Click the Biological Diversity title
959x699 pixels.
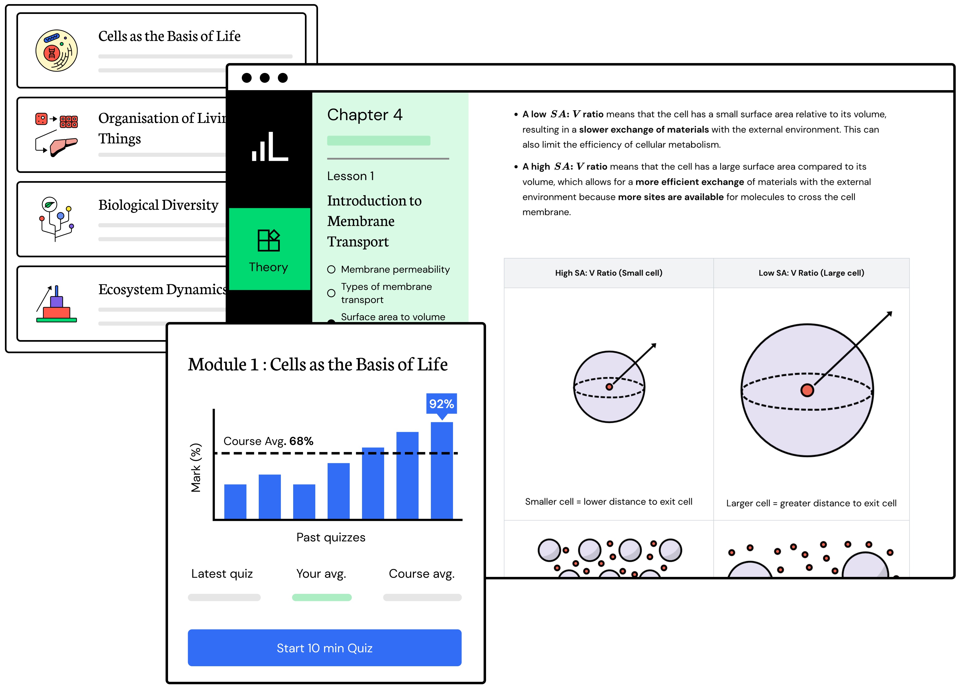click(x=158, y=205)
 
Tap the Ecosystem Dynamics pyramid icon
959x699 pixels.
click(x=56, y=304)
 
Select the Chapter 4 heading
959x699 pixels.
click(x=364, y=115)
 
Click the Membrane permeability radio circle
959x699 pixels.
click(x=331, y=270)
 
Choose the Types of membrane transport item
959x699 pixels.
click(x=386, y=293)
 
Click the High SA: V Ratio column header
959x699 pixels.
click(x=608, y=273)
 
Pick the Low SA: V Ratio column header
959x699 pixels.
click(x=811, y=273)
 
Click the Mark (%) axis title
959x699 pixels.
click(x=196, y=468)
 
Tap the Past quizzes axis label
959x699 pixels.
click(x=331, y=537)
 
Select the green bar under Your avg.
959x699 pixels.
click(x=322, y=597)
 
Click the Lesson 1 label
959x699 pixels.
click(x=351, y=176)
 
